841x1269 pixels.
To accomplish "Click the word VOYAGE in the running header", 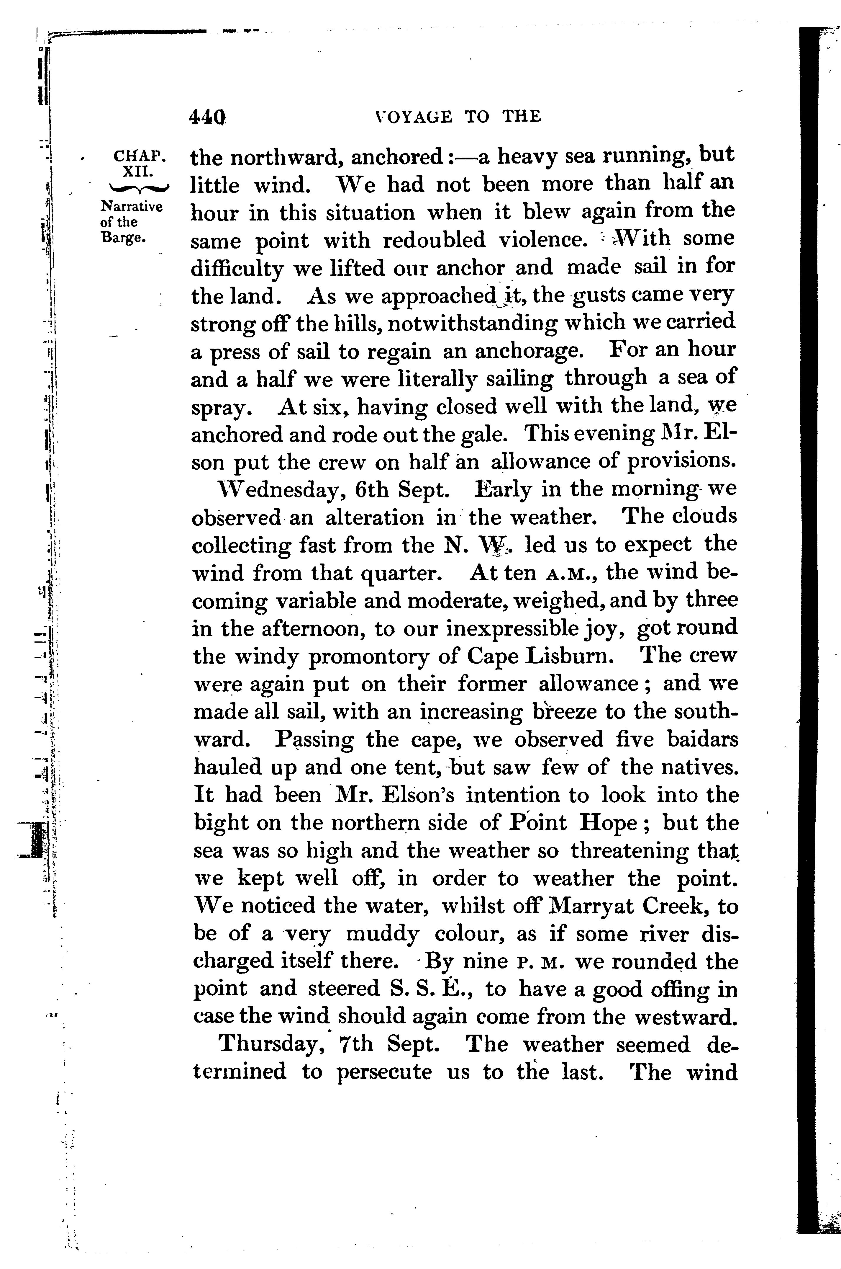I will (x=414, y=116).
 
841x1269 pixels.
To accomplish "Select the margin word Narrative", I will (x=131, y=207).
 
